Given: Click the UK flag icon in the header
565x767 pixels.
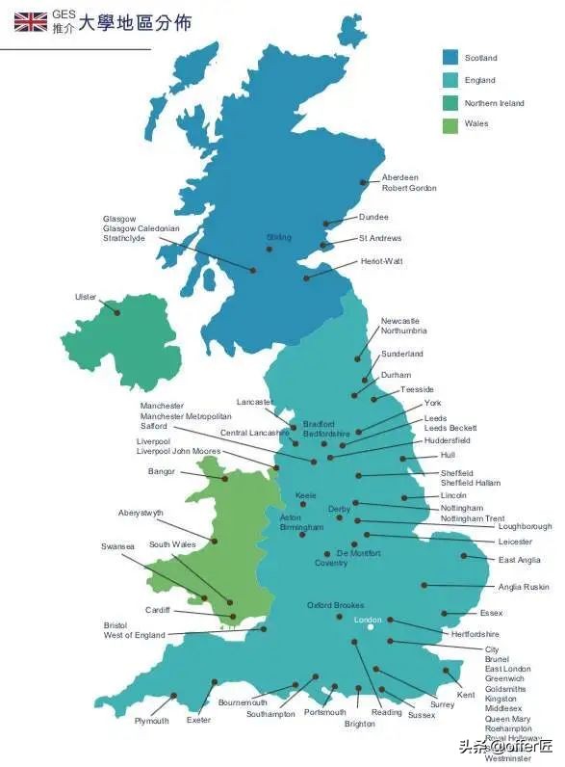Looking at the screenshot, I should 30,22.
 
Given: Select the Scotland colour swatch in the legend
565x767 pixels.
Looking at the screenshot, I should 449,58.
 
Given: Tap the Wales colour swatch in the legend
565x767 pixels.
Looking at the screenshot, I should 449,124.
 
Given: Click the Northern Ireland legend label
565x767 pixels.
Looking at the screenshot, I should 494,103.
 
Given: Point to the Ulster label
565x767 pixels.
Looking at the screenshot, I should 86,297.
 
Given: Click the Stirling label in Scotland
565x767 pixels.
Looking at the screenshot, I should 279,237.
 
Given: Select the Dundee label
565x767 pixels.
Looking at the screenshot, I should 373,217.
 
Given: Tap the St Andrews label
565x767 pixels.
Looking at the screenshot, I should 380,238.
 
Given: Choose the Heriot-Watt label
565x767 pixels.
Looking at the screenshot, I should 381,261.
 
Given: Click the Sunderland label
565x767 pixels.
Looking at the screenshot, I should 401,354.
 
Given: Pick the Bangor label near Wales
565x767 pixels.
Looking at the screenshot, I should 162,471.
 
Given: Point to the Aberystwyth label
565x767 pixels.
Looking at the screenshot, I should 141,513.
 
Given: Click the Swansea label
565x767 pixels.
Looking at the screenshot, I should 117,546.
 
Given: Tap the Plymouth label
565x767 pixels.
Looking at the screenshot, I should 151,721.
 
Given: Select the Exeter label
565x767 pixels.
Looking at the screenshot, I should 198,720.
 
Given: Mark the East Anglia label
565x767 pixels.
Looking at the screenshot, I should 519,560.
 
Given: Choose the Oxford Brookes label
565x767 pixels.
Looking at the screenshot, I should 335,605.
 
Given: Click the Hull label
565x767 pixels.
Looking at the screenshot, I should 448,455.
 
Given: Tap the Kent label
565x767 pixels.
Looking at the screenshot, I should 466,694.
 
